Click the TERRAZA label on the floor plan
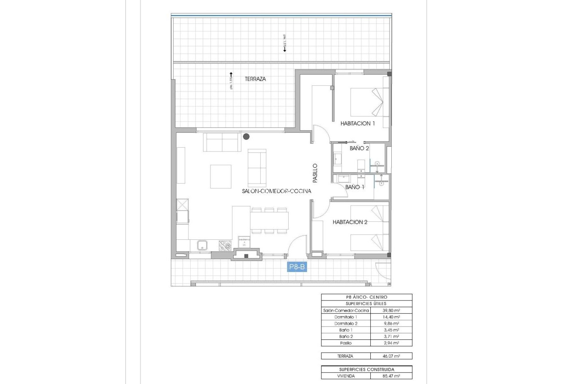coord(255,79)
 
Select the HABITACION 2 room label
coord(350,222)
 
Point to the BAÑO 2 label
coord(359,148)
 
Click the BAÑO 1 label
coord(355,187)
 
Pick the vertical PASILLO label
coord(315,172)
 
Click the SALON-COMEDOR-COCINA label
coord(276,191)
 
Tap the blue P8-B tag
coord(297,267)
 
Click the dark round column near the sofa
coord(246,136)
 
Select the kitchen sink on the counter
coord(202,246)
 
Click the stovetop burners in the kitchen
coord(225,246)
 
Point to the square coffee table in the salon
coord(220,176)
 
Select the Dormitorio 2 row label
coord(346,324)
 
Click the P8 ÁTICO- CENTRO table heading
coord(366,297)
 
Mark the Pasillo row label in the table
coord(346,343)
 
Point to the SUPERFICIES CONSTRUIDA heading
coord(366,369)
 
